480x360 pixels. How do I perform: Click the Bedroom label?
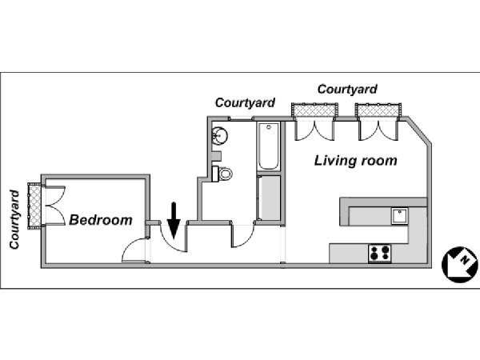click(x=100, y=220)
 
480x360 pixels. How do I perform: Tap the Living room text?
click(x=355, y=161)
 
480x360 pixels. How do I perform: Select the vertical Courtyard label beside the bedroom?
click(x=14, y=219)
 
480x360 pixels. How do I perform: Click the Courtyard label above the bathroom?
click(x=245, y=103)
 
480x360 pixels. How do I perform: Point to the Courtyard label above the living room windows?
click(x=347, y=89)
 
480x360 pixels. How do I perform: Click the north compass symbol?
click(x=457, y=263)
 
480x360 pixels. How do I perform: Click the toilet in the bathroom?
click(x=225, y=173)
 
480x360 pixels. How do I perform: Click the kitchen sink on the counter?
click(x=399, y=215)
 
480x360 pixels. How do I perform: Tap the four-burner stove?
click(x=380, y=254)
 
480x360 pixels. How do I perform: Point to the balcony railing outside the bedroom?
click(x=34, y=204)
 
